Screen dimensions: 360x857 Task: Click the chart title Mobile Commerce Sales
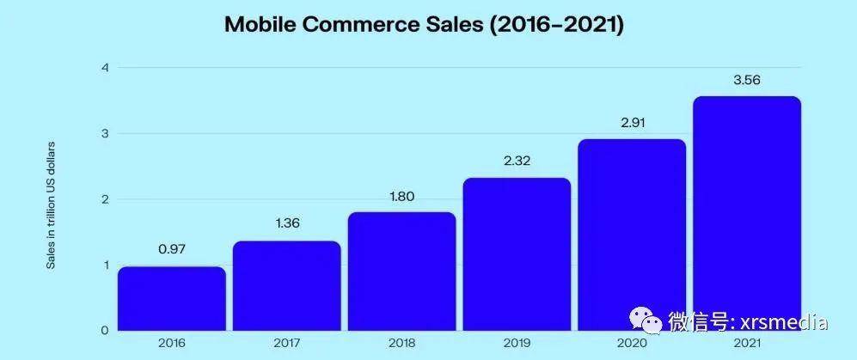[x=424, y=24]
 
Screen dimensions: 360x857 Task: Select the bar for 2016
[x=172, y=298]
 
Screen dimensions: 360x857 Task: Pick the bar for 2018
[x=401, y=271]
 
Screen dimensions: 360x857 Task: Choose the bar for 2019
[x=517, y=253]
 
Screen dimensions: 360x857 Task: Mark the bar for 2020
[x=632, y=235]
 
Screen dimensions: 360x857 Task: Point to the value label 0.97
[x=172, y=250]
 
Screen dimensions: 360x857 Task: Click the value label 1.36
[x=286, y=224]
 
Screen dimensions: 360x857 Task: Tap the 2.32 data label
[x=517, y=161]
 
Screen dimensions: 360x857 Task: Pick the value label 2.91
[x=632, y=122]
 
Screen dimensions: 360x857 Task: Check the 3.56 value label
[x=747, y=79]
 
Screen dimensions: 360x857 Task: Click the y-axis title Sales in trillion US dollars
[x=51, y=204]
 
